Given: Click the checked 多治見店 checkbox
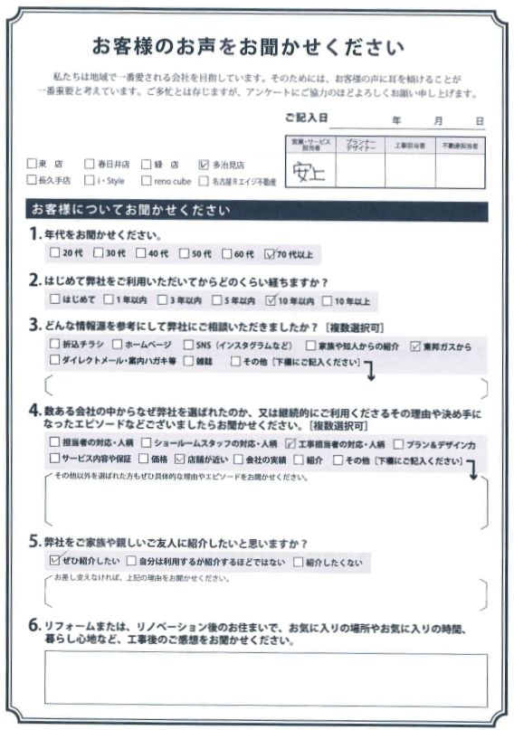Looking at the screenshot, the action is (x=204, y=165).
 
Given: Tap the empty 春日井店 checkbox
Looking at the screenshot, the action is (x=89, y=165).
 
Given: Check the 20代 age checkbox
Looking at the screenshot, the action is (x=55, y=255).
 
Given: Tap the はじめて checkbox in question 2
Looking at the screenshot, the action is (x=55, y=300).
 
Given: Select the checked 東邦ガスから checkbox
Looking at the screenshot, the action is (x=415, y=346).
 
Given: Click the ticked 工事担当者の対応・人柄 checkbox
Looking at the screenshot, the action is (x=290, y=444).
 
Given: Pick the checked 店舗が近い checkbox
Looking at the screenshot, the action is (x=179, y=460).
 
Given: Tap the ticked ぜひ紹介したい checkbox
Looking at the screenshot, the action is (x=54, y=562).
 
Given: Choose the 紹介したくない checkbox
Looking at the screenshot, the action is (x=299, y=563).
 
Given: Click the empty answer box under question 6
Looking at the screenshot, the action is (x=265, y=679).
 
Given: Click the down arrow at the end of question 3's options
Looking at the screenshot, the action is (x=369, y=365).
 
